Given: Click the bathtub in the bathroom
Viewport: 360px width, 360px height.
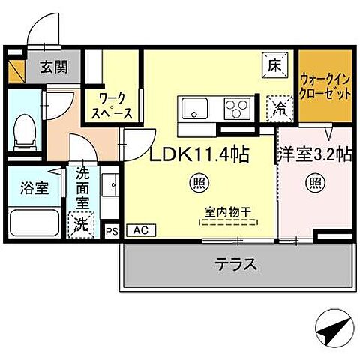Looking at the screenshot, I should (35, 223).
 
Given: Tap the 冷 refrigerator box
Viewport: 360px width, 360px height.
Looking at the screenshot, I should (277, 108).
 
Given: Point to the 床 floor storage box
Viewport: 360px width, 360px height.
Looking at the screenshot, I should (272, 65).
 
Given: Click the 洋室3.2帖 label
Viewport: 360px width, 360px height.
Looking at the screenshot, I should (315, 155).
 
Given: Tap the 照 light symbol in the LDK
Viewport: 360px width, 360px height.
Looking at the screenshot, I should (199, 181).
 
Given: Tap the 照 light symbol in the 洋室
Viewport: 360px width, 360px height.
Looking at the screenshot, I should (315, 181).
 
